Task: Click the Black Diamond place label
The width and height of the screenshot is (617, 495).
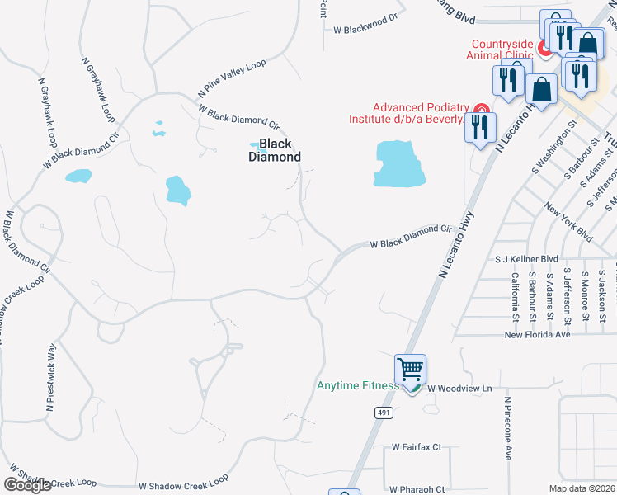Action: click(x=275, y=150)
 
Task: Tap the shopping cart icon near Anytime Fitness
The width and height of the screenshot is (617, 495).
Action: click(x=410, y=368)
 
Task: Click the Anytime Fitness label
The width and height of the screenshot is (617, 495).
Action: click(x=358, y=385)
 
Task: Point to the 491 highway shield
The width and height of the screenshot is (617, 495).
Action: click(x=384, y=412)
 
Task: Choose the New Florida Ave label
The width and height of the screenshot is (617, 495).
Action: click(x=537, y=335)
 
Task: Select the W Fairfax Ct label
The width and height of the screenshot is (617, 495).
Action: click(x=414, y=447)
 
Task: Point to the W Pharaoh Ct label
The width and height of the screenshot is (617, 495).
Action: click(x=417, y=488)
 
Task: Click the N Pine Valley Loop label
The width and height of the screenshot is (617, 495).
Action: click(x=232, y=77)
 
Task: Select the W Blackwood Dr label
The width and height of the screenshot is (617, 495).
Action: click(x=365, y=29)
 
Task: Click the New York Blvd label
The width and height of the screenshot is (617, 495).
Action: click(x=568, y=219)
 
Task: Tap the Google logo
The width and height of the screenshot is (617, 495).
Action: click(x=27, y=485)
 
